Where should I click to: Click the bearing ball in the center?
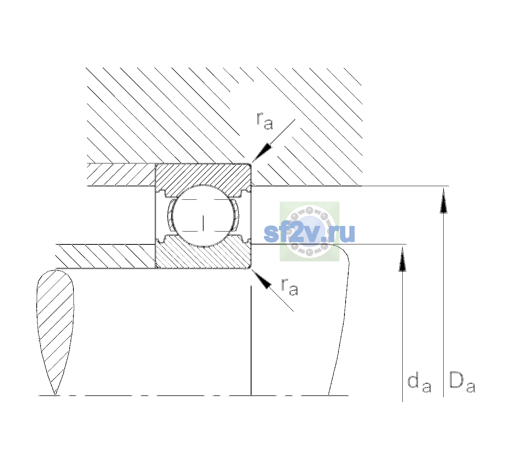(x=203, y=216)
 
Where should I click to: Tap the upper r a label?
(x=265, y=121)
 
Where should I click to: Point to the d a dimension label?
(x=419, y=384)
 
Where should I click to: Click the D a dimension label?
(x=462, y=382)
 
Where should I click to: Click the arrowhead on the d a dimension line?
(x=402, y=259)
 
